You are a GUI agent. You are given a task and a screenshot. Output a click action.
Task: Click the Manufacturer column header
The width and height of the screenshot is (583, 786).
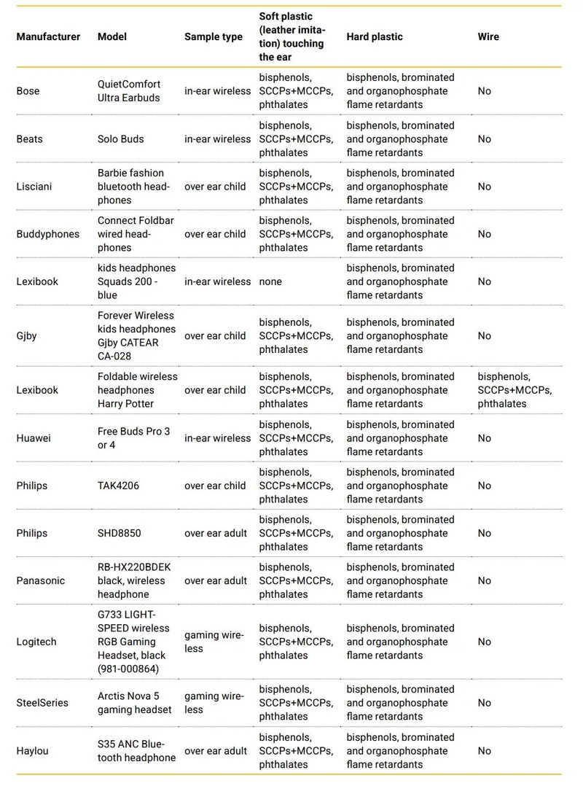pos(48,36)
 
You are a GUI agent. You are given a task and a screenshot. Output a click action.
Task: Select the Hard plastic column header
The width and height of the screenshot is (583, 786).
pos(374,36)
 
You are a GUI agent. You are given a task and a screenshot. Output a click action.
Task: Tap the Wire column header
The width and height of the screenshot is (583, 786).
pos(488,36)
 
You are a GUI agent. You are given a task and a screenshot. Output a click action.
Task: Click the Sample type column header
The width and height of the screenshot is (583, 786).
pos(213,36)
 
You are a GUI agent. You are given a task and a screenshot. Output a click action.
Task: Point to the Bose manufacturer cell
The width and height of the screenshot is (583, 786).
pos(28,91)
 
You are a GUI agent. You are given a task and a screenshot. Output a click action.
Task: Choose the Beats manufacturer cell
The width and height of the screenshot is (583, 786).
pos(29,139)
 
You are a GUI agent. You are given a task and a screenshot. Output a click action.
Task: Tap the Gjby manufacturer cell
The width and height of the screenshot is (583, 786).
pos(27,336)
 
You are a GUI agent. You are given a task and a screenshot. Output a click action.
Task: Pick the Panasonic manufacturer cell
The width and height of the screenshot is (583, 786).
pos(40,581)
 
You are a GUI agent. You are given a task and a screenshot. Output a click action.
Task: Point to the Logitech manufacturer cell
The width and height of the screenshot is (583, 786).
pos(36,642)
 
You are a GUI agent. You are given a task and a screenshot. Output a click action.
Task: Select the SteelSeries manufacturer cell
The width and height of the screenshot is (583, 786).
pos(42,703)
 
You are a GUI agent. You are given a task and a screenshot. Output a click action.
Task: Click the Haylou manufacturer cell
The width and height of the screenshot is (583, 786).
pos(32,751)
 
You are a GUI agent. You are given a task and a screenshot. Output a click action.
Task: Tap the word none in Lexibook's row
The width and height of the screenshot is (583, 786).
pos(270,281)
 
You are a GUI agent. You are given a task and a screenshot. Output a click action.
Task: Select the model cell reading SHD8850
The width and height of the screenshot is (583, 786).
pos(120,533)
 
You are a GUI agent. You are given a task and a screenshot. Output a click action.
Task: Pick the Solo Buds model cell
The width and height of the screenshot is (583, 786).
pos(121,139)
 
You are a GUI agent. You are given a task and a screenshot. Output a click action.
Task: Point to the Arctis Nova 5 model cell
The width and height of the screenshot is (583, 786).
pos(135,703)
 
